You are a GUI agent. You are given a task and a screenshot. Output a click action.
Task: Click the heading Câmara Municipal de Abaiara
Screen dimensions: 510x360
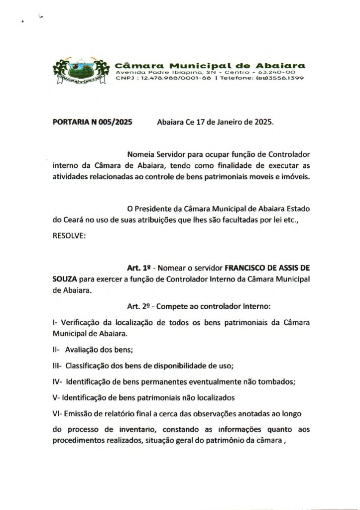[x=210, y=65]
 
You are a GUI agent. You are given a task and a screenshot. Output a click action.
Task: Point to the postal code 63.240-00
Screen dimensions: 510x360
[x=286, y=72]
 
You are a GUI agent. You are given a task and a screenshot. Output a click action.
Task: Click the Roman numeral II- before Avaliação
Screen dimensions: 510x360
[x=56, y=350]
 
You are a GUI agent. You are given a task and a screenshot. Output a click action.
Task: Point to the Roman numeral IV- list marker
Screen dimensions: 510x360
[x=57, y=382]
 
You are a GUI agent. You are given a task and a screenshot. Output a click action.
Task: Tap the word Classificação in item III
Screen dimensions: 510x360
[x=87, y=366]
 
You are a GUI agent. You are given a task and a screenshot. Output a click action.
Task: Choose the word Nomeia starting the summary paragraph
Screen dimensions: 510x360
[x=141, y=154]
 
